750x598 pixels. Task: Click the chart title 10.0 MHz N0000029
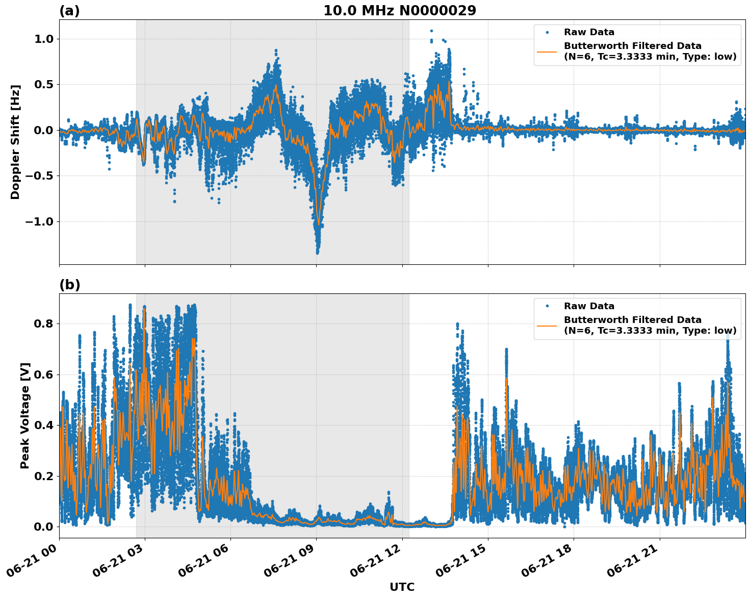coord(400,11)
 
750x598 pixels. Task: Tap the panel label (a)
coord(69,11)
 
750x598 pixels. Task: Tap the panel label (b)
coord(69,285)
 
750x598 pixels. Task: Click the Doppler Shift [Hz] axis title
coord(15,142)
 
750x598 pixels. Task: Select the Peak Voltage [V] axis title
coord(25,415)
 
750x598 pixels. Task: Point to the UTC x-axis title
coord(402,587)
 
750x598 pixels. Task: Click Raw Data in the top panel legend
coord(589,32)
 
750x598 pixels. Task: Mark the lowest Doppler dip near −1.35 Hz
coord(317,252)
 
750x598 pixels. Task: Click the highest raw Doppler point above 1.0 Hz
coord(431,31)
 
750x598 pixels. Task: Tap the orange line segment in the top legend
coord(547,51)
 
